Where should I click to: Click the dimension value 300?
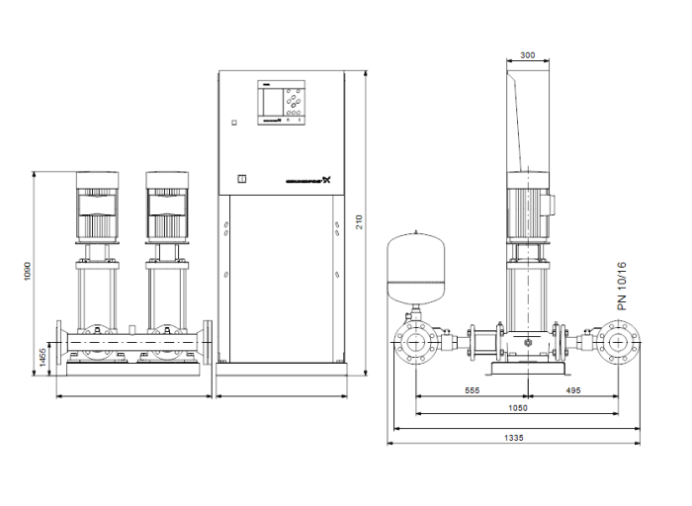(527, 55)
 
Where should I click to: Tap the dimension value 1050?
(517, 407)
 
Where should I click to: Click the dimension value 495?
(574, 390)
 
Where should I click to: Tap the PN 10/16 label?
(622, 287)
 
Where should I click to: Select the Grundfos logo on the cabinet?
(305, 181)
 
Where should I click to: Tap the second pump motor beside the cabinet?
(165, 206)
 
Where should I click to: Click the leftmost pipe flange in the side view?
(415, 345)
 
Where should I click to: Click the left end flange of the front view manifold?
(63, 345)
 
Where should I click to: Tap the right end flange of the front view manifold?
(209, 345)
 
